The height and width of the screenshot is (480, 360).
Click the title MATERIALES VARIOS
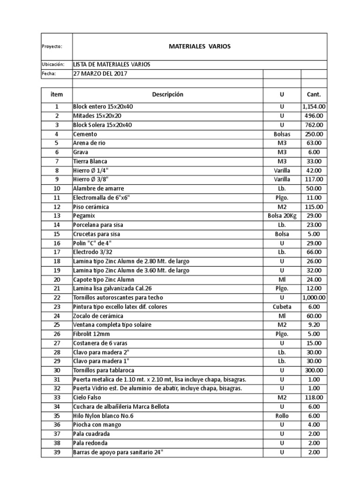(199, 46)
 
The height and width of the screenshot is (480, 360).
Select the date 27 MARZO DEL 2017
(100, 74)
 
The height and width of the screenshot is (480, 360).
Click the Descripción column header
(167, 94)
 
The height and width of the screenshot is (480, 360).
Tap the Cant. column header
(314, 94)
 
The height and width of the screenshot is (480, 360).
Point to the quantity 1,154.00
(314, 107)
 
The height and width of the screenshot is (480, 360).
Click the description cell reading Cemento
(85, 134)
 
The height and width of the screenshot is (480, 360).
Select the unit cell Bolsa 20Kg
(282, 216)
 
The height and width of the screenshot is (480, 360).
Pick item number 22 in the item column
(57, 297)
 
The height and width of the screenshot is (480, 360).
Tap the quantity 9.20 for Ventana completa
(314, 324)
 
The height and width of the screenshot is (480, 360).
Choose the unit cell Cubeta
(282, 307)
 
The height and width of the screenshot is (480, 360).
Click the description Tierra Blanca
(90, 161)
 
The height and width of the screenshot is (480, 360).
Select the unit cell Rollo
(282, 416)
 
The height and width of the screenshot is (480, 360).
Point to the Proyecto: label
(52, 46)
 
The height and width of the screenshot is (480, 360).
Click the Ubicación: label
(52, 65)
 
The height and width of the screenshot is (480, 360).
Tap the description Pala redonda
(90, 443)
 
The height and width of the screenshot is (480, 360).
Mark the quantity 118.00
(314, 397)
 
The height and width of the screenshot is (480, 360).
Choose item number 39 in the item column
(57, 452)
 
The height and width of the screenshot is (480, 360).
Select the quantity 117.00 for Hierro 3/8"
(314, 180)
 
